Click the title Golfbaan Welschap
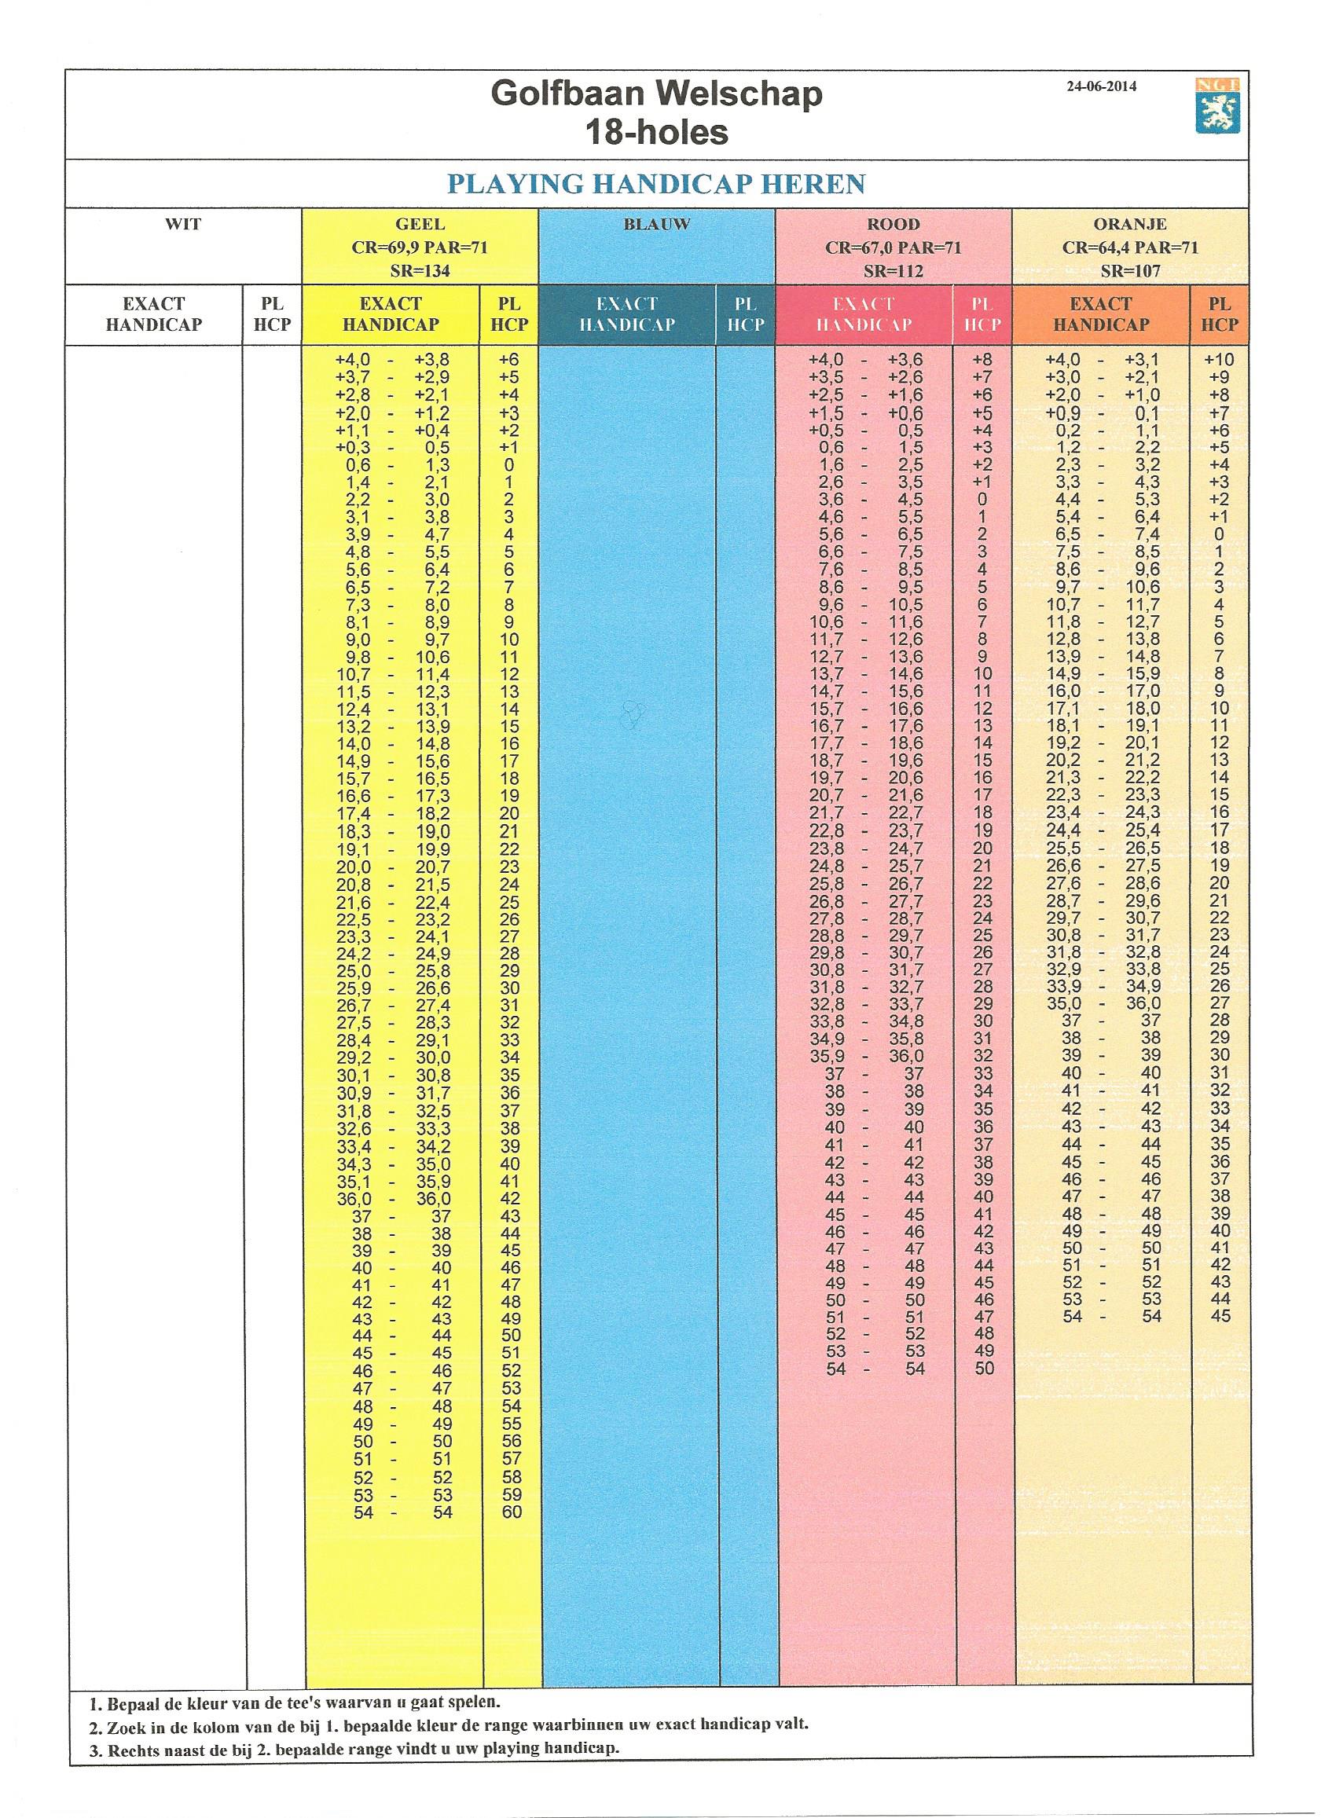coord(656,95)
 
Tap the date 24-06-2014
coord(1101,87)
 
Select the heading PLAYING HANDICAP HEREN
coord(656,184)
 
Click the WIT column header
coord(183,225)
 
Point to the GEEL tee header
coord(420,225)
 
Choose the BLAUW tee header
coord(656,225)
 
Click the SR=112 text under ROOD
coord(893,271)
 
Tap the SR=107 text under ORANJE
coord(1129,271)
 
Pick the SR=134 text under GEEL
coord(420,271)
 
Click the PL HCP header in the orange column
coord(1219,314)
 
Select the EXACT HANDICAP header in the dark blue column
coord(626,314)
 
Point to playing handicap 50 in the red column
coord(984,1368)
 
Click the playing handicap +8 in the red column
coord(984,360)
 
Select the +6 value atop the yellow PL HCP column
coord(509,360)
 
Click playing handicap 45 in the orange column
coord(1220,1317)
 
